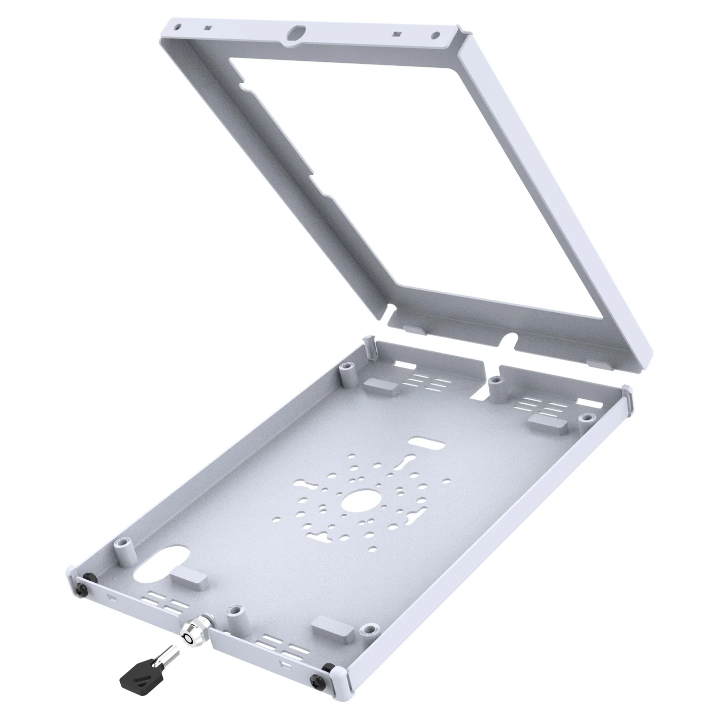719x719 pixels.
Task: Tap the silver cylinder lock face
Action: coord(188,638)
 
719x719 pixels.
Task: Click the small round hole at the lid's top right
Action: coord(435,36)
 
